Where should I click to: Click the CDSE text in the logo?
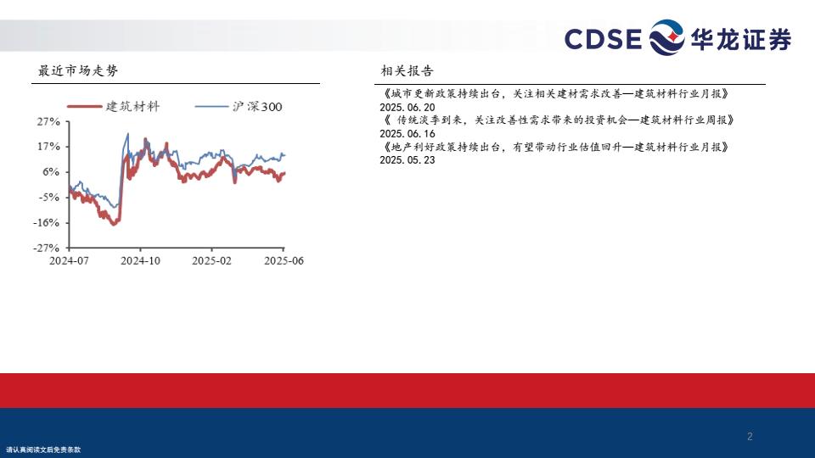click(x=603, y=39)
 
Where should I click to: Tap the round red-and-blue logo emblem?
click(x=667, y=37)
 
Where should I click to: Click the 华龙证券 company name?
click(x=741, y=39)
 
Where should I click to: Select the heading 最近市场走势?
click(x=78, y=70)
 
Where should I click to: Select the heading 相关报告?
click(x=407, y=70)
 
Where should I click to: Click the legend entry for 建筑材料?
click(x=113, y=107)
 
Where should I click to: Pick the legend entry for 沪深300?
click(x=239, y=107)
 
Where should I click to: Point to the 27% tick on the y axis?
click(x=48, y=121)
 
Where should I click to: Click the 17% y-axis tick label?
click(x=48, y=147)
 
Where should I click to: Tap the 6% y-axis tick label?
click(x=51, y=172)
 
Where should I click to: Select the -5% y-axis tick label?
click(x=48, y=198)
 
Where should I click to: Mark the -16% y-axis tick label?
click(x=46, y=223)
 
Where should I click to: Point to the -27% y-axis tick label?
click(x=46, y=249)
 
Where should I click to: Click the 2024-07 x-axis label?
click(x=69, y=260)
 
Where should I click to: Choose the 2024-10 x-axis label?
click(x=140, y=260)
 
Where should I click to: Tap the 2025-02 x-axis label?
click(x=211, y=260)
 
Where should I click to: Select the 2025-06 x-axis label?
click(x=284, y=260)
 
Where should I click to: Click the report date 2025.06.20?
click(x=407, y=108)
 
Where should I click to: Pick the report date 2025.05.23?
click(x=407, y=160)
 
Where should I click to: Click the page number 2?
click(x=750, y=437)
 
